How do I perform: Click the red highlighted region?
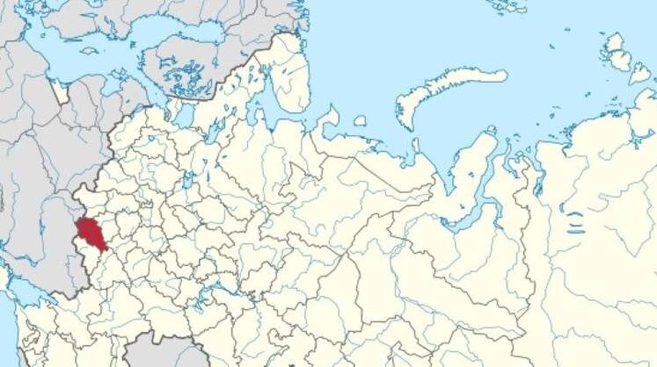tap(89, 233)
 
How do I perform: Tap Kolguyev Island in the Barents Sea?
tap(359, 120)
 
